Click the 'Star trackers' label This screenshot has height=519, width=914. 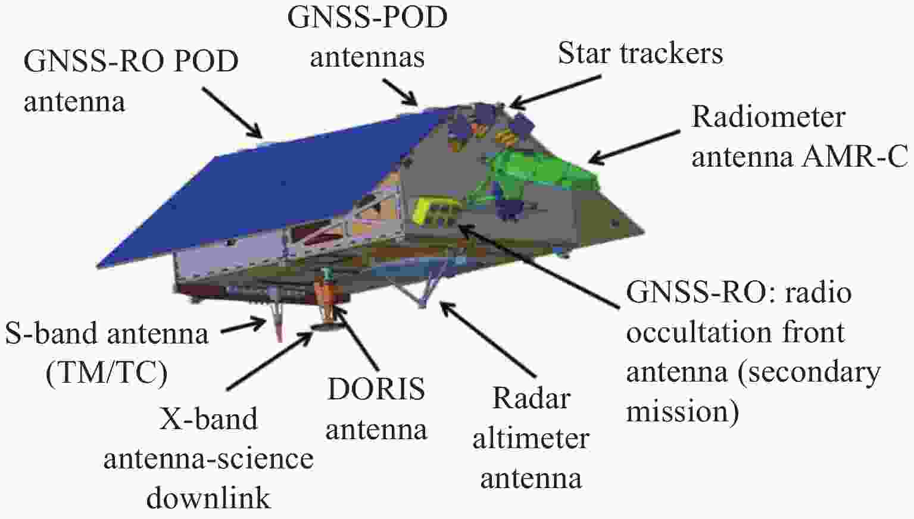coord(640,53)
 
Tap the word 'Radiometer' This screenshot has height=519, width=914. coord(768,117)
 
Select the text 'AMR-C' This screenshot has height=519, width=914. coord(855,157)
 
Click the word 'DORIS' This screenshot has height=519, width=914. coord(376,389)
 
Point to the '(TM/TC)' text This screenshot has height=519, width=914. coord(107,373)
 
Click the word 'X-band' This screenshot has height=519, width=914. coord(208,419)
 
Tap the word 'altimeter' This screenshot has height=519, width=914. coord(531,439)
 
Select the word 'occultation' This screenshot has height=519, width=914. coord(698,333)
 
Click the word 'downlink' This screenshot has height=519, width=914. coord(208,498)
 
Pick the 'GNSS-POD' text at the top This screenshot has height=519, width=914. coord(367,17)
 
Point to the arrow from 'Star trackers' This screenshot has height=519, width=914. coord(556,92)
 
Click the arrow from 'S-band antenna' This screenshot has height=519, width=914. coord(244,326)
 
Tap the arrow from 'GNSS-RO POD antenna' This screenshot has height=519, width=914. coord(232,112)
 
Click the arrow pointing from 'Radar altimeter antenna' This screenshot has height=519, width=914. coord(488,339)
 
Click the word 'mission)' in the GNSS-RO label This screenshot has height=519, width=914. coord(682,412)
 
